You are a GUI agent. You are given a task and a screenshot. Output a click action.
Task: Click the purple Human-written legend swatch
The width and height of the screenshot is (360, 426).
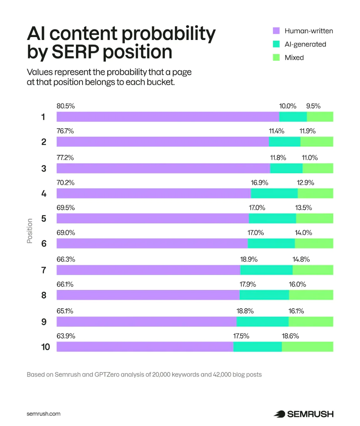tap(276, 31)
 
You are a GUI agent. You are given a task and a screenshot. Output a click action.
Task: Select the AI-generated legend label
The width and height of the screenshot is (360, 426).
tap(305, 44)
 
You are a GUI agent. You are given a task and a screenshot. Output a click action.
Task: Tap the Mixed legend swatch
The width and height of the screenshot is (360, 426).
tap(276, 57)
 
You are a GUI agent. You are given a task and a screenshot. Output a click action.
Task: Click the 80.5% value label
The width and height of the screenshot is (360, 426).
tap(65, 106)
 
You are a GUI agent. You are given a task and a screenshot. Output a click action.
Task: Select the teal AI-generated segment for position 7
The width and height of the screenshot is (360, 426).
tap(266, 270)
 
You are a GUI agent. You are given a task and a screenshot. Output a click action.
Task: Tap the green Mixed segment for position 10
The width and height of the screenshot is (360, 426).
tap(307, 347)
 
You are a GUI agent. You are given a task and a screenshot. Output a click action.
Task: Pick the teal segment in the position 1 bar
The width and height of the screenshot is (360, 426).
tap(293, 117)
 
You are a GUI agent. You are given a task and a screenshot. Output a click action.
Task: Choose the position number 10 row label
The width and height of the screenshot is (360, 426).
tap(45, 347)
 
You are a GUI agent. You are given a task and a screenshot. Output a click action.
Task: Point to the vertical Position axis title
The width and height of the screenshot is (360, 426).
tap(30, 231)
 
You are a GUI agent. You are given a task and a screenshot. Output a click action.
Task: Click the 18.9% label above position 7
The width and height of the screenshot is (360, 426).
tap(249, 259)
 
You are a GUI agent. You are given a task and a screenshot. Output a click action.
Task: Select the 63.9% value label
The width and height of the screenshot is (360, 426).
tap(66, 336)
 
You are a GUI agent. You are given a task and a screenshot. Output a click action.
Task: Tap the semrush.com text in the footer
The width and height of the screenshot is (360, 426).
tap(43, 414)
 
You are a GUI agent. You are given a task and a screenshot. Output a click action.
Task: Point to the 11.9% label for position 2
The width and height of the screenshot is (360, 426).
tap(308, 131)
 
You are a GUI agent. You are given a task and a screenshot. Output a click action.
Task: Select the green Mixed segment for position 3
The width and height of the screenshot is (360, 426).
tap(318, 168)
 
